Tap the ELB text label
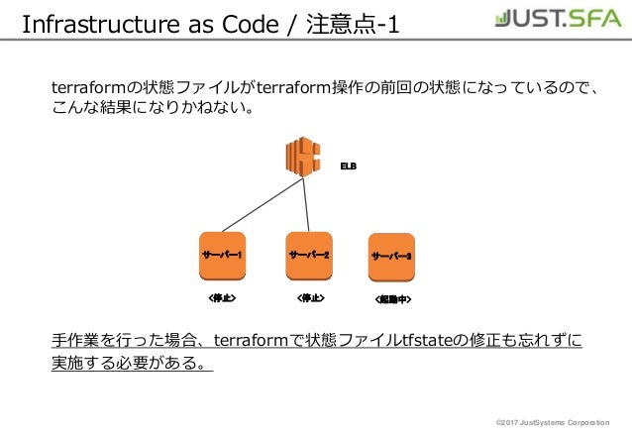(x=349, y=165)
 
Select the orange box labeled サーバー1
(x=223, y=256)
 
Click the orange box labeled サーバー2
(x=309, y=256)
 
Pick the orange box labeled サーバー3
(x=392, y=257)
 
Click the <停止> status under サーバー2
(x=310, y=296)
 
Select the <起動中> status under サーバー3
(x=393, y=297)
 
